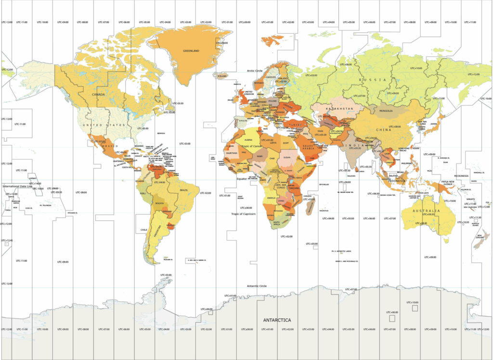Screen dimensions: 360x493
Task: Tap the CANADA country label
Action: [98, 94]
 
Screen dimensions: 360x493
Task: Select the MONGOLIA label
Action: [386, 111]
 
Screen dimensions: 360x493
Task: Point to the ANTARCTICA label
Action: [277, 320]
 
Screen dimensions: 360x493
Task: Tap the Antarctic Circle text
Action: [257, 286]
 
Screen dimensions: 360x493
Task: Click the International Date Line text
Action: [17, 186]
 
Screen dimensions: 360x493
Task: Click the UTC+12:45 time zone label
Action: [6, 240]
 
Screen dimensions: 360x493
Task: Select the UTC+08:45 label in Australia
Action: [421, 223]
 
